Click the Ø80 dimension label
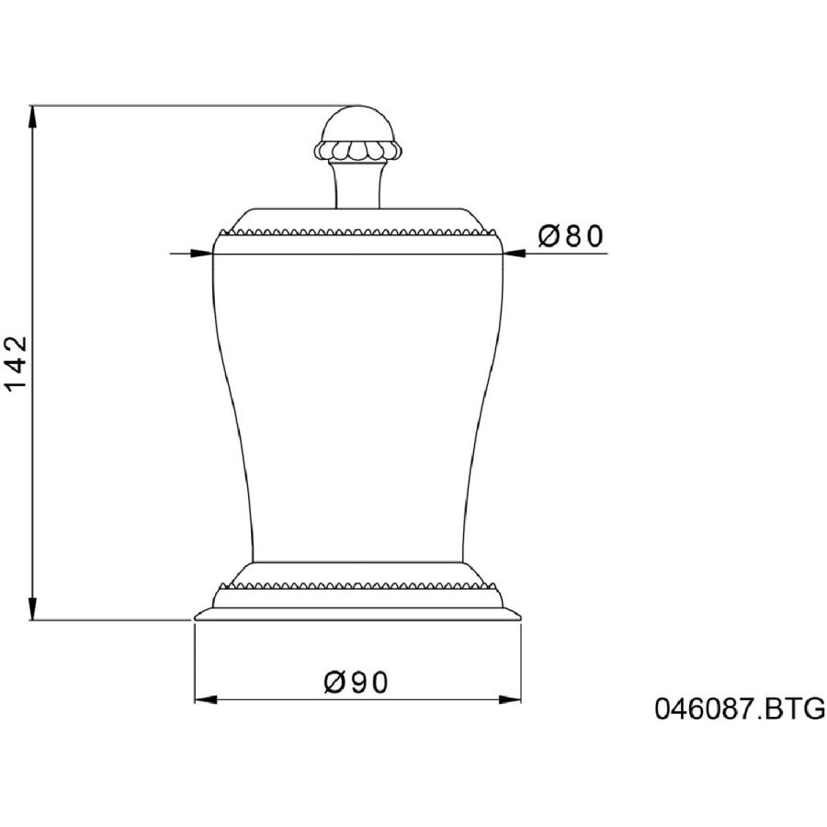pyautogui.click(x=570, y=236)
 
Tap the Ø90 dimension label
pyautogui.click(x=356, y=682)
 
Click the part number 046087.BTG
pyautogui.click(x=740, y=708)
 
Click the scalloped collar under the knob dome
pyautogui.click(x=358, y=151)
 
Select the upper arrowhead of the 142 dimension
pyautogui.click(x=33, y=117)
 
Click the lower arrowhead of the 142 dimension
pyautogui.click(x=33, y=608)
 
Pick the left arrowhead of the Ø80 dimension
pyautogui.click(x=201, y=254)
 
